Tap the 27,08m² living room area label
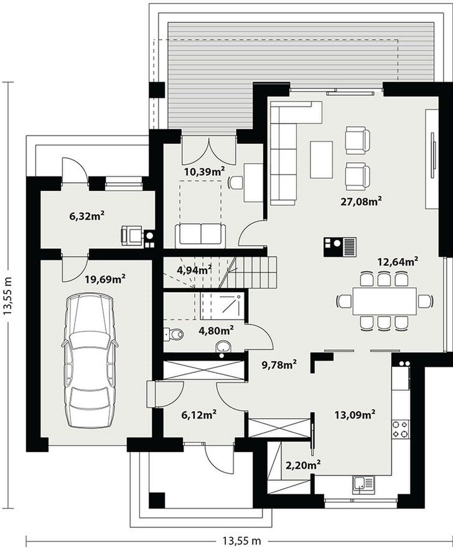(x=361, y=201)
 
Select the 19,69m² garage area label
(x=105, y=279)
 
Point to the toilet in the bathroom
(x=174, y=334)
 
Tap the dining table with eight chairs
(x=385, y=301)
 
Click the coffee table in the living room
(x=321, y=159)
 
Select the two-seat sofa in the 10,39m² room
(x=200, y=234)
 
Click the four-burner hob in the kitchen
(x=400, y=429)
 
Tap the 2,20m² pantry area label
(x=304, y=465)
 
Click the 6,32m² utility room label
(x=88, y=216)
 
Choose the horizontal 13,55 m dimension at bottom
(x=241, y=541)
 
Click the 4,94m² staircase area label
(x=194, y=269)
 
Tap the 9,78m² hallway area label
(x=279, y=364)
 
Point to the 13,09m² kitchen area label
(x=355, y=415)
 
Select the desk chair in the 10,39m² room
(x=235, y=182)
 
